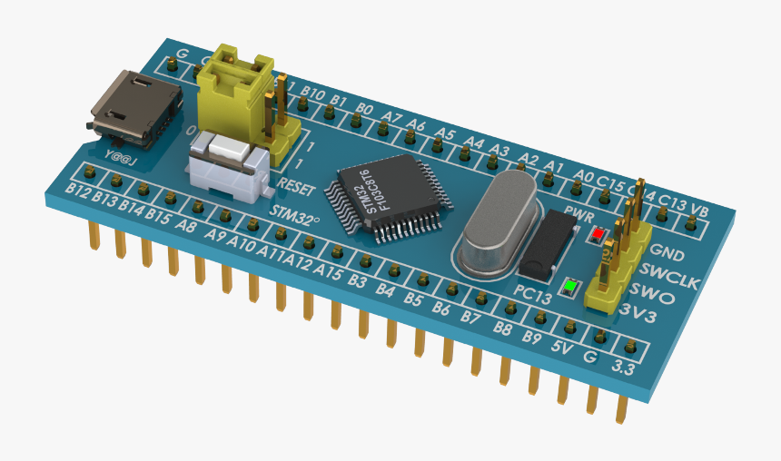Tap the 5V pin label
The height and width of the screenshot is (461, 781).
[562, 346]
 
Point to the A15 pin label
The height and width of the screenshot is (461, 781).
[330, 272]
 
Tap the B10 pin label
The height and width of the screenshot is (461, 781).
[312, 93]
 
